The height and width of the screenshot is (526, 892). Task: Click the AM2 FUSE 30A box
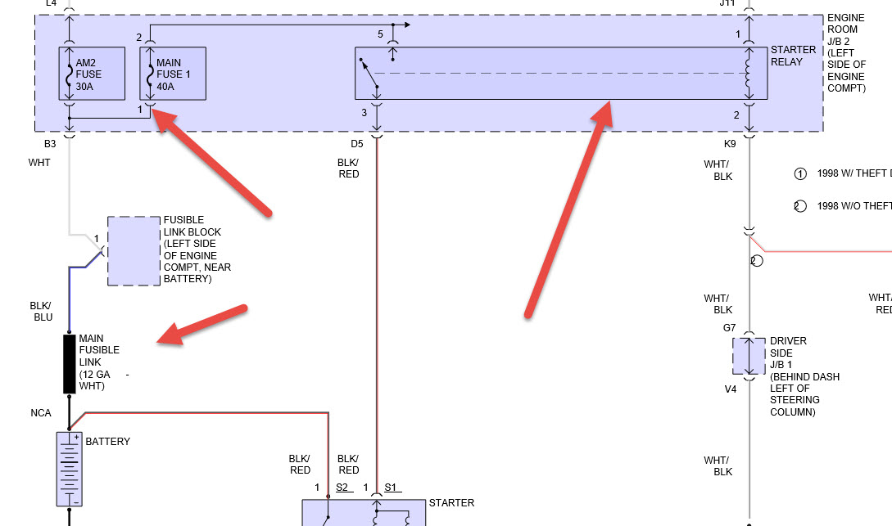[92, 74]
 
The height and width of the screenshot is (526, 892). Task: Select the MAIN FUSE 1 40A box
[173, 74]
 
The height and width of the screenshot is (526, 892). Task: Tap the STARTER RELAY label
[793, 55]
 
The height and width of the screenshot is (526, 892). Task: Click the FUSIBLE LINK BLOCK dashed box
[134, 251]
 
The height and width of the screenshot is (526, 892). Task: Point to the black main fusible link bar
[70, 363]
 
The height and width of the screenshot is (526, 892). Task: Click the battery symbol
[69, 469]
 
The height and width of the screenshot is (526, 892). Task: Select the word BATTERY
[108, 442]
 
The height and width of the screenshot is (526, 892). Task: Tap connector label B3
[50, 143]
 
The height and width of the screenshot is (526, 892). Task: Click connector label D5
[356, 144]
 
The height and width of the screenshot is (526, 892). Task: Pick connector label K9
[731, 144]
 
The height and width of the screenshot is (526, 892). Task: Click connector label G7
[729, 328]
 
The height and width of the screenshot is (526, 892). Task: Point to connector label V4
[730, 389]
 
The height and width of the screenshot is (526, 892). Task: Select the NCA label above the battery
[42, 413]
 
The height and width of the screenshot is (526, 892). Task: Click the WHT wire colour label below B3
[39, 163]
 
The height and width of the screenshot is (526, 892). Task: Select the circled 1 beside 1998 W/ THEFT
[800, 173]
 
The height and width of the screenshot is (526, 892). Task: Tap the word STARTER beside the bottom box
[451, 503]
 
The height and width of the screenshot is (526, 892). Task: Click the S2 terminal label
[342, 488]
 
